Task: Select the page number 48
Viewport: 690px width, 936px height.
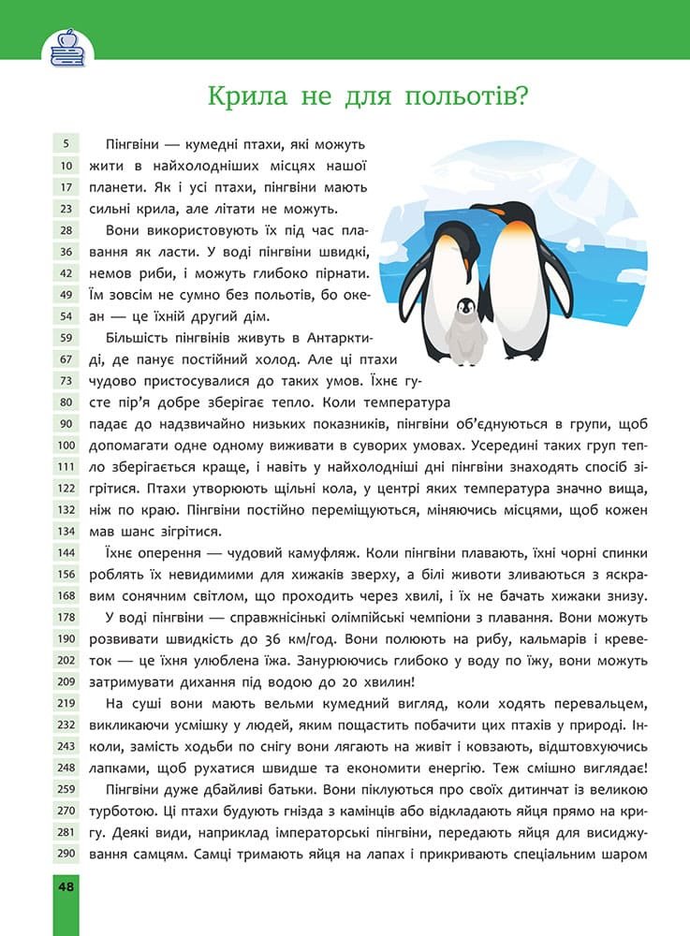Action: (x=67, y=887)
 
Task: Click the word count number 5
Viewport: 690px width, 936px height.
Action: (x=67, y=144)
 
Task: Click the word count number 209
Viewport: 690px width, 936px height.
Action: (x=67, y=682)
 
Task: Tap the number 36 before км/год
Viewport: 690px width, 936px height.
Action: (x=396, y=638)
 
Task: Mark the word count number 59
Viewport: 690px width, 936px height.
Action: (x=67, y=338)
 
